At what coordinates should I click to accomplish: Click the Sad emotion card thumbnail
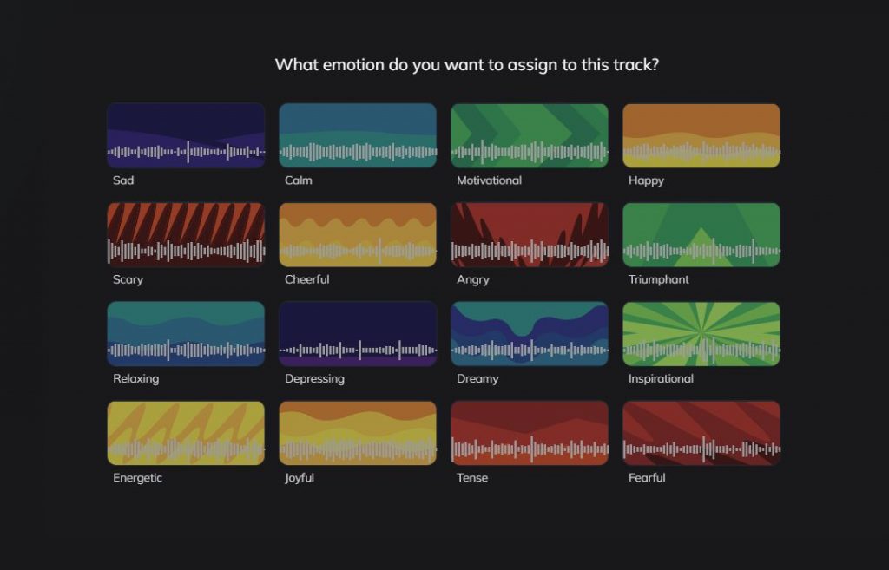pyautogui.click(x=186, y=135)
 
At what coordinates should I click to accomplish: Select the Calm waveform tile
pyautogui.click(x=358, y=135)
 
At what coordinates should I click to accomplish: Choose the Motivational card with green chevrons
pyautogui.click(x=530, y=135)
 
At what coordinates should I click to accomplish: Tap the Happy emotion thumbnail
pyautogui.click(x=701, y=135)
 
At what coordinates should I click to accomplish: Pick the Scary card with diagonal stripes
pyautogui.click(x=186, y=234)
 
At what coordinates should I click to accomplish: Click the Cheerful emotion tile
pyautogui.click(x=358, y=234)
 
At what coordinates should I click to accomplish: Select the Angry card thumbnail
pyautogui.click(x=530, y=234)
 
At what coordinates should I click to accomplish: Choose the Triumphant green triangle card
pyautogui.click(x=701, y=234)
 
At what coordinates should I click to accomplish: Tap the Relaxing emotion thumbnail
pyautogui.click(x=186, y=334)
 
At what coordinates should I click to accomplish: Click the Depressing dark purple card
pyautogui.click(x=358, y=334)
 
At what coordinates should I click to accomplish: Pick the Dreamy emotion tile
pyautogui.click(x=530, y=334)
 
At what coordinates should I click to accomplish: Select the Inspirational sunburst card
pyautogui.click(x=701, y=334)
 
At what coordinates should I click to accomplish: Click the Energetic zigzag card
pyautogui.click(x=186, y=433)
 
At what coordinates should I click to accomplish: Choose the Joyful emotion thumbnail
pyautogui.click(x=358, y=433)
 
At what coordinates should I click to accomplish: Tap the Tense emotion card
pyautogui.click(x=530, y=433)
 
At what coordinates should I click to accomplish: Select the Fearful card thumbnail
pyautogui.click(x=701, y=433)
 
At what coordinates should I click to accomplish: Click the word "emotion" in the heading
pyautogui.click(x=354, y=64)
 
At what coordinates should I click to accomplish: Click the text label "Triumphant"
pyautogui.click(x=659, y=279)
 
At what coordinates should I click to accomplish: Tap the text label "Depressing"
pyautogui.click(x=314, y=379)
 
